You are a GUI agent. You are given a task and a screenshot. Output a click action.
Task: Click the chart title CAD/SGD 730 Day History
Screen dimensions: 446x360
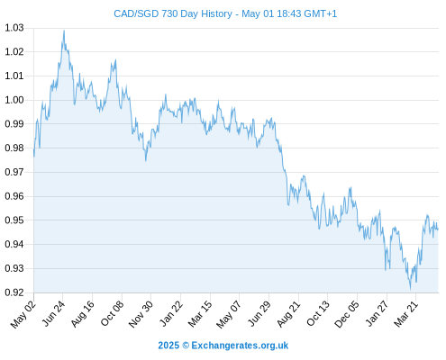pyautogui.click(x=173, y=13)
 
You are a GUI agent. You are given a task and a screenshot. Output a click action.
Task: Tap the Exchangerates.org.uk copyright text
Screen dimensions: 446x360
pyautogui.click(x=223, y=346)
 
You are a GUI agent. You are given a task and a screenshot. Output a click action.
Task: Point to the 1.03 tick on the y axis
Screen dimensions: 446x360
pyautogui.click(x=14, y=28)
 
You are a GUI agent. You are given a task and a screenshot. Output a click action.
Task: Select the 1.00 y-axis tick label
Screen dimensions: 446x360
pyautogui.click(x=14, y=100)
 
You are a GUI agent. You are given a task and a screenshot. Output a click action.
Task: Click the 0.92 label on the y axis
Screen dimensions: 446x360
pyautogui.click(x=14, y=292)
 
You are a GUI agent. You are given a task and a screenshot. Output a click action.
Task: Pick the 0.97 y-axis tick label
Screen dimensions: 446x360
pyautogui.click(x=14, y=172)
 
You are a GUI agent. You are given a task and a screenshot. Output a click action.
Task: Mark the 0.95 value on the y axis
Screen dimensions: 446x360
pyautogui.click(x=14, y=220)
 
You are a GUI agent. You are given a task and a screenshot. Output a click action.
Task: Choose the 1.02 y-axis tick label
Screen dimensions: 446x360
pyautogui.click(x=14, y=52)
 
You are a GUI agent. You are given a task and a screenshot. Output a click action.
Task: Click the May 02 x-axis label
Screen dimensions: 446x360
pyautogui.click(x=23, y=314)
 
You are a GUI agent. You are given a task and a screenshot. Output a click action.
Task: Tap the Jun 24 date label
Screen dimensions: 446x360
pyautogui.click(x=53, y=313)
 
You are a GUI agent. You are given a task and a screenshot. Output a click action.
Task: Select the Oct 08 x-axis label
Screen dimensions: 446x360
pyautogui.click(x=112, y=313)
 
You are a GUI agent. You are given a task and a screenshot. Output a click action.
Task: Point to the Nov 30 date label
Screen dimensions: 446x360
pyautogui.click(x=141, y=314)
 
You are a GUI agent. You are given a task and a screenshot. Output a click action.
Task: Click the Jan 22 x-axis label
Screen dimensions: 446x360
pyautogui.click(x=171, y=313)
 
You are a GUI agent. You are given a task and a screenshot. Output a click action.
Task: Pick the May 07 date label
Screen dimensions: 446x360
pyautogui.click(x=229, y=314)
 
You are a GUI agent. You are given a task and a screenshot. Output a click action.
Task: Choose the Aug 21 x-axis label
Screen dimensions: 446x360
pyautogui.click(x=288, y=313)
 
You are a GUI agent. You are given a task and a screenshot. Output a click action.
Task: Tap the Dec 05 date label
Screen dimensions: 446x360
pyautogui.click(x=346, y=314)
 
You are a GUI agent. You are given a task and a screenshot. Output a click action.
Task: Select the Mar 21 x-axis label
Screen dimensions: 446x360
pyautogui.click(x=405, y=313)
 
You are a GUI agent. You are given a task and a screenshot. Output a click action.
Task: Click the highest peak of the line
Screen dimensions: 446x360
pyautogui.click(x=64, y=31)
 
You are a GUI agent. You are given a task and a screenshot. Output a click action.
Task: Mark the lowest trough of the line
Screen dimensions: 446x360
pyautogui.click(x=410, y=289)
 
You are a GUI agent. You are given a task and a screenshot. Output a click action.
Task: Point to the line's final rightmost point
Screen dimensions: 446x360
pyautogui.click(x=438, y=229)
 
